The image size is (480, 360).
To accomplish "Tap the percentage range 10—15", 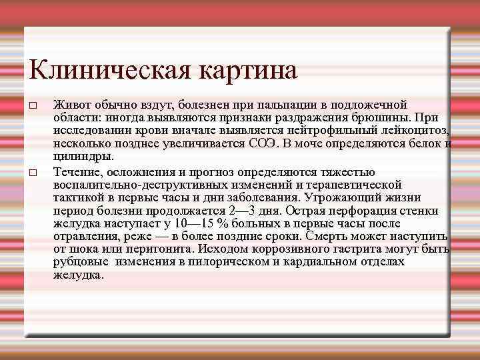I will coord(187,223).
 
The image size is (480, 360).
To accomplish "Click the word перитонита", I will coord(156,249).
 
